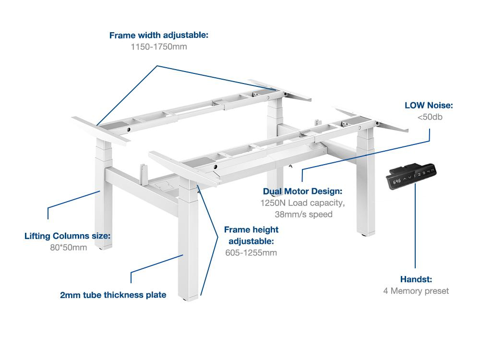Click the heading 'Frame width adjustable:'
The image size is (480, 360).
point(158,35)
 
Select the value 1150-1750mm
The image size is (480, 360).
point(158,47)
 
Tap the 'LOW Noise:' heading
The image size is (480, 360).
point(429,105)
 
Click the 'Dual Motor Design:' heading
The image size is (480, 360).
point(302,191)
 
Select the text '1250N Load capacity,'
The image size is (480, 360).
point(302,203)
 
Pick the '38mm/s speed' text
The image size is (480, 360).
point(303,214)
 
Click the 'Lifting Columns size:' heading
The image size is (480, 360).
point(68,236)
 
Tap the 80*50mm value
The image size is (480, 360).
point(68,248)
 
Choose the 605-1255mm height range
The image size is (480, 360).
point(251,253)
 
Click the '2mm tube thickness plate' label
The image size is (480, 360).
point(113,295)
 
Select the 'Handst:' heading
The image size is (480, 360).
point(416,279)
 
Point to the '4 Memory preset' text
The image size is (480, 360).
point(416,291)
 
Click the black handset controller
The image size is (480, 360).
point(412,177)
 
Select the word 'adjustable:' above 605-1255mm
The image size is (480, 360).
point(251,241)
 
